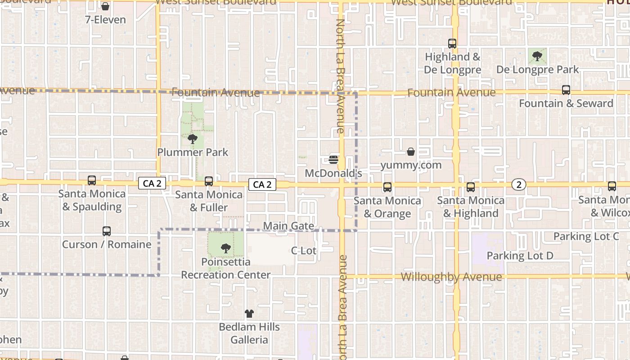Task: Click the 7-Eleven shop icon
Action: pos(105,7)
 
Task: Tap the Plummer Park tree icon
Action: pos(193,139)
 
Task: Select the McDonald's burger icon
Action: pos(333,159)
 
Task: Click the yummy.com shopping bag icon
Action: pos(411,152)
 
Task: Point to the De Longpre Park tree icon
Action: pos(537,56)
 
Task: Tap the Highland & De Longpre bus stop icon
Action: pos(452,44)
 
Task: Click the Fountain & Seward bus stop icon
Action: pos(566,90)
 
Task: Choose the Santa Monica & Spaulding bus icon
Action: pos(92,180)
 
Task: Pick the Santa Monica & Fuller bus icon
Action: pos(209,181)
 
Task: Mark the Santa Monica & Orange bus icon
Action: pos(387,187)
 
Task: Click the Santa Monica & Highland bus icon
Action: pos(471,187)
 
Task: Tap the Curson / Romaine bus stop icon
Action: pos(107,231)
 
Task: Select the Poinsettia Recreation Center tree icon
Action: pos(226,248)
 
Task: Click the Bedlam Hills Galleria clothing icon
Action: pos(249,314)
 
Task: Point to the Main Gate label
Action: pos(288,226)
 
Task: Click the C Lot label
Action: pos(304,251)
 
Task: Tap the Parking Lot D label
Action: pos(520,256)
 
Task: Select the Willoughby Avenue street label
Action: pos(451,277)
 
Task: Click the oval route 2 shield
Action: pos(519,184)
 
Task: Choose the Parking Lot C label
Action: pos(586,236)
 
